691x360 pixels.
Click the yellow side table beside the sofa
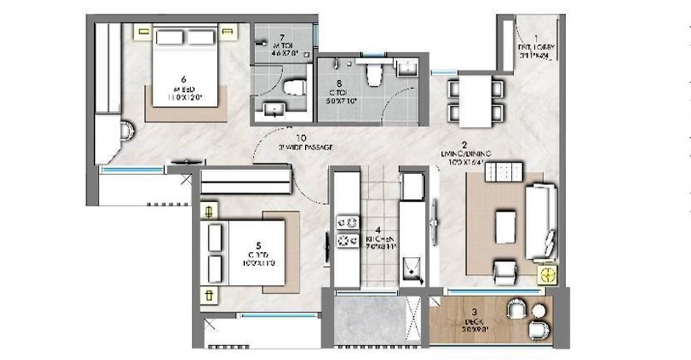[x=548, y=275]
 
